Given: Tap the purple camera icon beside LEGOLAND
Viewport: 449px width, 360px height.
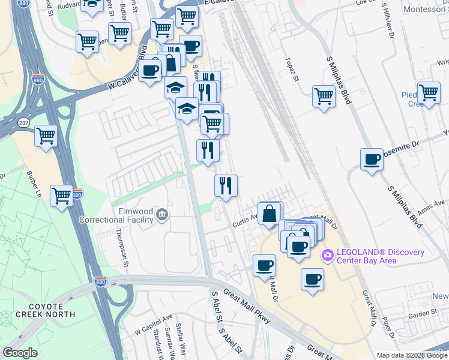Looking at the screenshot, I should (327, 255).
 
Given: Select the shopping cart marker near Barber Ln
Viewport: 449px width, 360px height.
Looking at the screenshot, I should (61, 195).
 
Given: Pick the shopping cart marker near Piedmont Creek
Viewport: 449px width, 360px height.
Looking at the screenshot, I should (429, 93).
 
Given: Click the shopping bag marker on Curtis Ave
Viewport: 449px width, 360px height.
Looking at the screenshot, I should (270, 214).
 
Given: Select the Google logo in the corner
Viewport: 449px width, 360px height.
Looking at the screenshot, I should (20, 353).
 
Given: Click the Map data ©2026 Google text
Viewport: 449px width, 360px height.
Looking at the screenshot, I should (412, 355).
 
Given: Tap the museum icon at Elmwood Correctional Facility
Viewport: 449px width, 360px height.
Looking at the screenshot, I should (161, 214).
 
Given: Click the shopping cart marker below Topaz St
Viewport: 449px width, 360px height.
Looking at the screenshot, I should (324, 96).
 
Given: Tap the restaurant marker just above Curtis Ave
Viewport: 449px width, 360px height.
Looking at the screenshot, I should (226, 185).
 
